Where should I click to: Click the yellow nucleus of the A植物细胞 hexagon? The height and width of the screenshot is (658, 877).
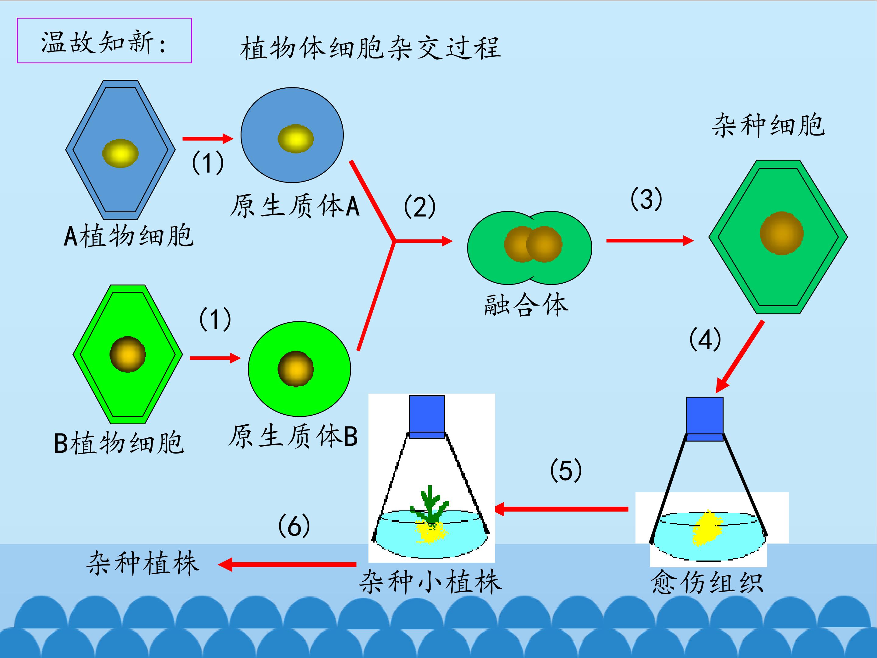[120, 153]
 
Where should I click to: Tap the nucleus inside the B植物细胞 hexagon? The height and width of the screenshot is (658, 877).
[128, 354]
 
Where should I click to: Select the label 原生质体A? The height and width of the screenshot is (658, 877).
[294, 206]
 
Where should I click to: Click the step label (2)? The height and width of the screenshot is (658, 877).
[420, 207]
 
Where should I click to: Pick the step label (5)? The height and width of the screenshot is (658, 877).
[566, 470]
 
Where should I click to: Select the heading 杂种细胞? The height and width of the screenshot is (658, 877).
[768, 125]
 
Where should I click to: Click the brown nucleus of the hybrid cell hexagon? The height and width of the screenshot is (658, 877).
[781, 233]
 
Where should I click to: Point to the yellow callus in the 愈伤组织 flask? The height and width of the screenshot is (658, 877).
[707, 528]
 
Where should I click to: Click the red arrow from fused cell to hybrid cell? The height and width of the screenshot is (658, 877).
[650, 240]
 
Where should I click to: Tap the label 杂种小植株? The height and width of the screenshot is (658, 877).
[430, 582]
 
